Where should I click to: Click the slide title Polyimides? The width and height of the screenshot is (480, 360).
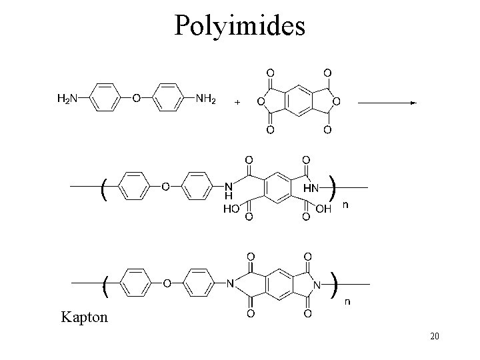[x=239, y=25]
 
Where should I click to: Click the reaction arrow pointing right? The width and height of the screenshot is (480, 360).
[x=387, y=103]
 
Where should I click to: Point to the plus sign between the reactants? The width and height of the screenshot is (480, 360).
[x=237, y=103]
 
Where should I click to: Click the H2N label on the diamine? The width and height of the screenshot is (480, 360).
[x=66, y=99]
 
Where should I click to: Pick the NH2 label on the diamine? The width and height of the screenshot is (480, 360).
[x=206, y=99]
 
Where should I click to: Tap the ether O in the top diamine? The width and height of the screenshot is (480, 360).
[x=136, y=99]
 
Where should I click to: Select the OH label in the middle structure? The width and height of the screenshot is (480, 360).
[x=323, y=209]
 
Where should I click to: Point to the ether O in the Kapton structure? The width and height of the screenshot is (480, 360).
[x=167, y=284]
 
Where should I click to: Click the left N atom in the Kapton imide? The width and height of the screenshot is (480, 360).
[x=230, y=284]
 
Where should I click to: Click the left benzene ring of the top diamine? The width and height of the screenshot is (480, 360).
[x=104, y=99]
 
